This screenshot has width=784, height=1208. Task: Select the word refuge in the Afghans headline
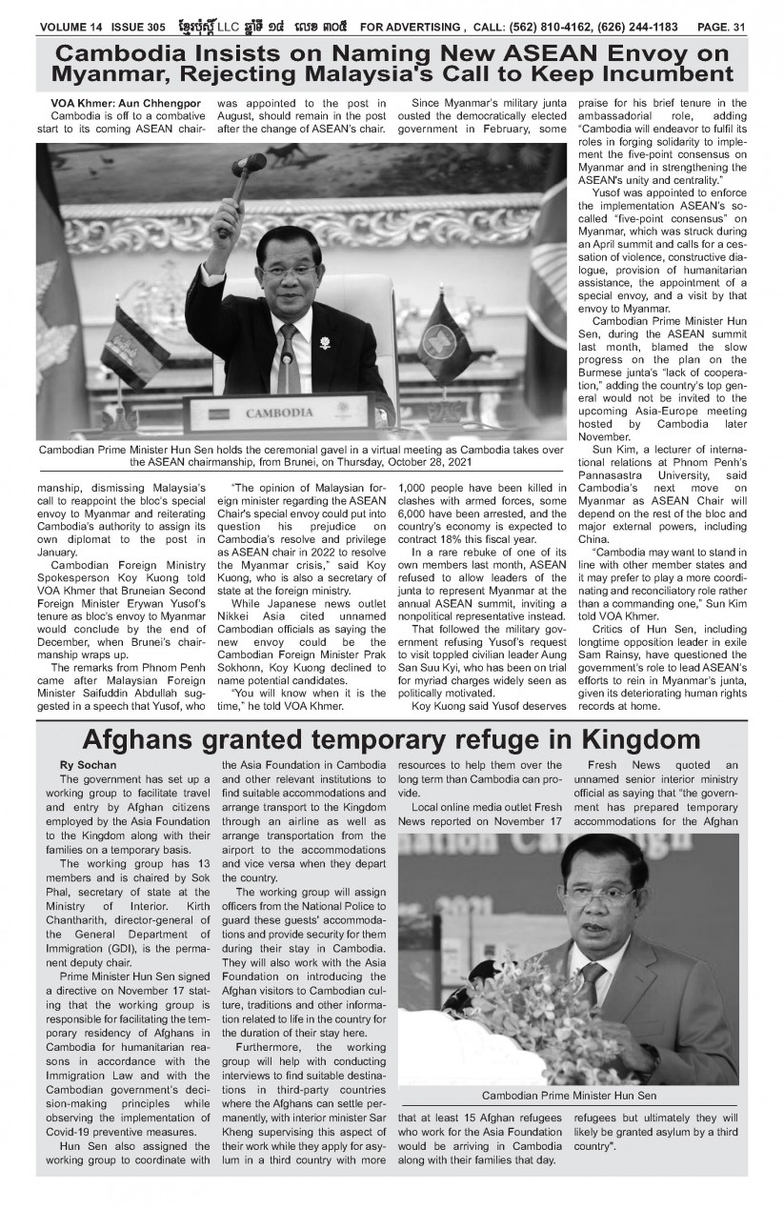pos(505,739)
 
